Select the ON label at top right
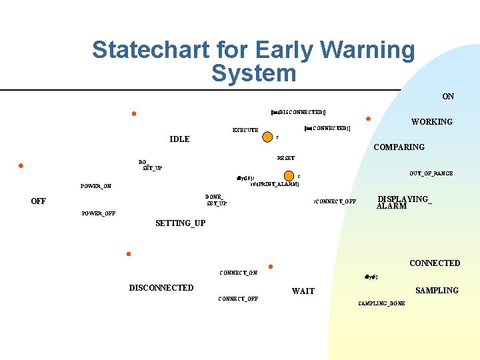click(448, 97)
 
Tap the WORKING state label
click(431, 122)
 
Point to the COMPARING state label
click(399, 147)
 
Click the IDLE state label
click(179, 139)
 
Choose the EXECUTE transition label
click(245, 130)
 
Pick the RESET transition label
click(285, 158)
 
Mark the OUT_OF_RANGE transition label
click(431, 173)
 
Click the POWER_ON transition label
click(96, 186)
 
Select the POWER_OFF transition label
click(98, 213)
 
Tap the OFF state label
click(39, 201)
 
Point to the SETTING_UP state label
click(180, 223)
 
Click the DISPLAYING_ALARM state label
click(404, 203)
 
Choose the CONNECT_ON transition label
click(238, 273)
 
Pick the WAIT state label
click(303, 291)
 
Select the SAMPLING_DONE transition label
click(381, 303)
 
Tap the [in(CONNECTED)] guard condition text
click(326, 128)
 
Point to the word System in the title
click(253, 73)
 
